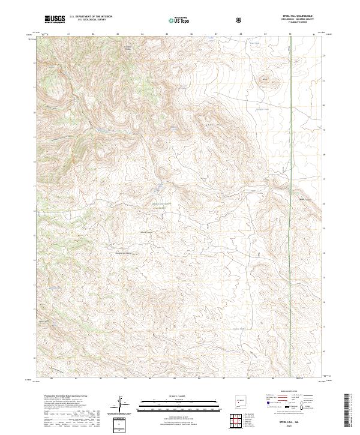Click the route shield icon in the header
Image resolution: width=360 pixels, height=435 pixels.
coord(239,20)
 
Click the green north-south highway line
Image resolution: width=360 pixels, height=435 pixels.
coord(290,180)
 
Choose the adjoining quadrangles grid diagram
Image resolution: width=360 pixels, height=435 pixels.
coord(242,420)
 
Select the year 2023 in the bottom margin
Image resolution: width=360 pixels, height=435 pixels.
coord(302,427)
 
